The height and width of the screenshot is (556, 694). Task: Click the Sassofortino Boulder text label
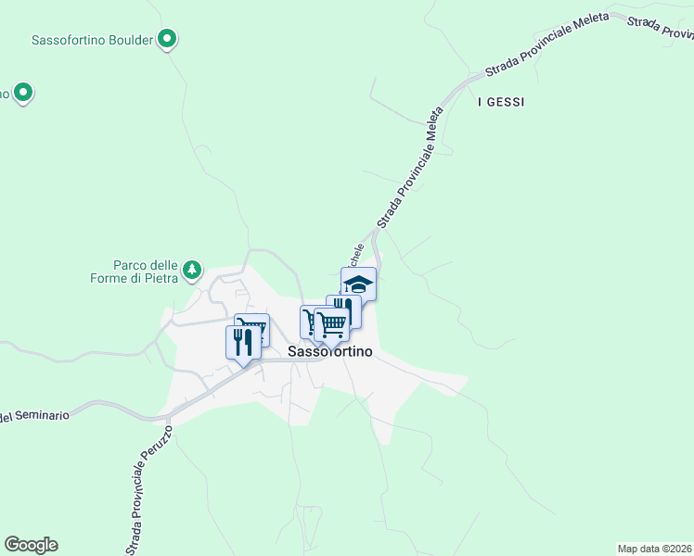tap(91, 40)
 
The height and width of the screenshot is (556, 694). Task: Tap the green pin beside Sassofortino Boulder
tap(167, 39)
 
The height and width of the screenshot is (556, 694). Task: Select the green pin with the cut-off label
tap(24, 93)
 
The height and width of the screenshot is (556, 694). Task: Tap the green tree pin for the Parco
tap(192, 270)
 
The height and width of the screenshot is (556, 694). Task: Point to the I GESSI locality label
tap(500, 102)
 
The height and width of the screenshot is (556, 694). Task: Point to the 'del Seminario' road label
tap(34, 416)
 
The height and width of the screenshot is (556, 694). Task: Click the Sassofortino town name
tap(330, 352)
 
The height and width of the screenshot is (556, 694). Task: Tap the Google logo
tap(31, 545)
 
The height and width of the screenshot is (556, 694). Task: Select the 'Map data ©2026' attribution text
tap(654, 549)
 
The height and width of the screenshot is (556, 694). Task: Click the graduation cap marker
tap(358, 284)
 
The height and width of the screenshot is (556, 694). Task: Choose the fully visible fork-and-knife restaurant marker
tap(243, 341)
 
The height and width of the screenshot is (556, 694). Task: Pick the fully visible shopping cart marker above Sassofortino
tap(331, 323)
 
